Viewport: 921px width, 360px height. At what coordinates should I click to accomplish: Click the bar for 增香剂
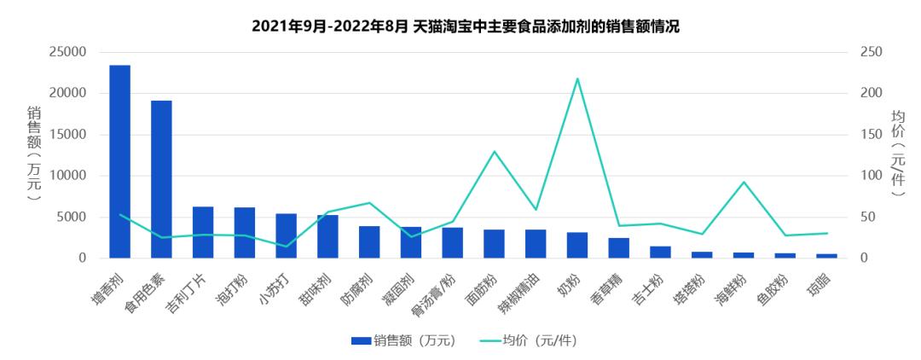coord(119,161)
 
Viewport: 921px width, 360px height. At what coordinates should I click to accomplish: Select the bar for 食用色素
coord(161,179)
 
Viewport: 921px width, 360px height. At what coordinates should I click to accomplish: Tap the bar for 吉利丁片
coord(203,232)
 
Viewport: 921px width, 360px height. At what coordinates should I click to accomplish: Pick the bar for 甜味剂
coord(327,236)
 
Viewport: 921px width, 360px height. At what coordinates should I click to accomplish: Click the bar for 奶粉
coord(577,245)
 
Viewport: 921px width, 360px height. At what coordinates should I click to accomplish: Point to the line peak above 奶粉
coord(577,78)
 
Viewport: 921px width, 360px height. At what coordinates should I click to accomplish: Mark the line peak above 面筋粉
coord(494,152)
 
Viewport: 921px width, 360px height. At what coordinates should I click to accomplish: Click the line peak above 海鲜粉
coord(744,182)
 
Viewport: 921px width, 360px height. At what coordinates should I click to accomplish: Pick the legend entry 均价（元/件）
coord(529,340)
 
